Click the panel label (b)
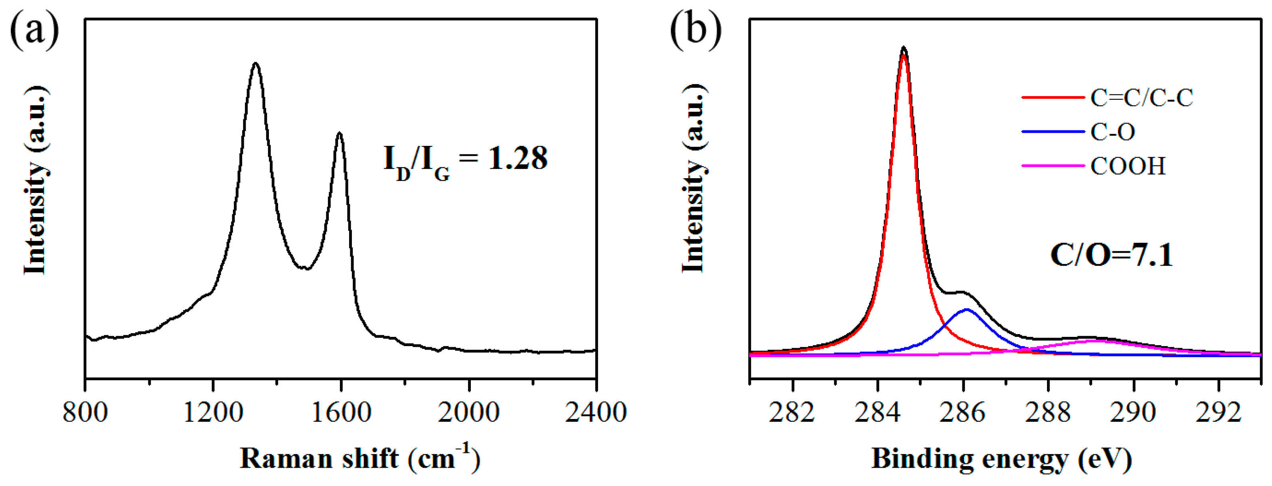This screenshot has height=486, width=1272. click(x=695, y=31)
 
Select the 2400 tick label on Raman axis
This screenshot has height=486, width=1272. click(x=596, y=412)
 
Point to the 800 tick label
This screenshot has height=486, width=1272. click(x=85, y=412)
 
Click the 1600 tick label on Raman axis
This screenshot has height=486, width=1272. click(x=341, y=412)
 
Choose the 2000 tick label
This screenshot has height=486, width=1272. click(x=468, y=412)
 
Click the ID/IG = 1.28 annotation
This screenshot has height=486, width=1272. click(x=465, y=160)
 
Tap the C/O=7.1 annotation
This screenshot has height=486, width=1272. click(x=1111, y=256)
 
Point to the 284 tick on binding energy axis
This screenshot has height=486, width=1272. click(x=877, y=412)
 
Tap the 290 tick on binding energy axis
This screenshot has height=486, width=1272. click(x=1133, y=412)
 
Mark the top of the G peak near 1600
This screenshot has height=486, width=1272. click(x=339, y=133)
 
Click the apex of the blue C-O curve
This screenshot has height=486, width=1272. click(x=966, y=309)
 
